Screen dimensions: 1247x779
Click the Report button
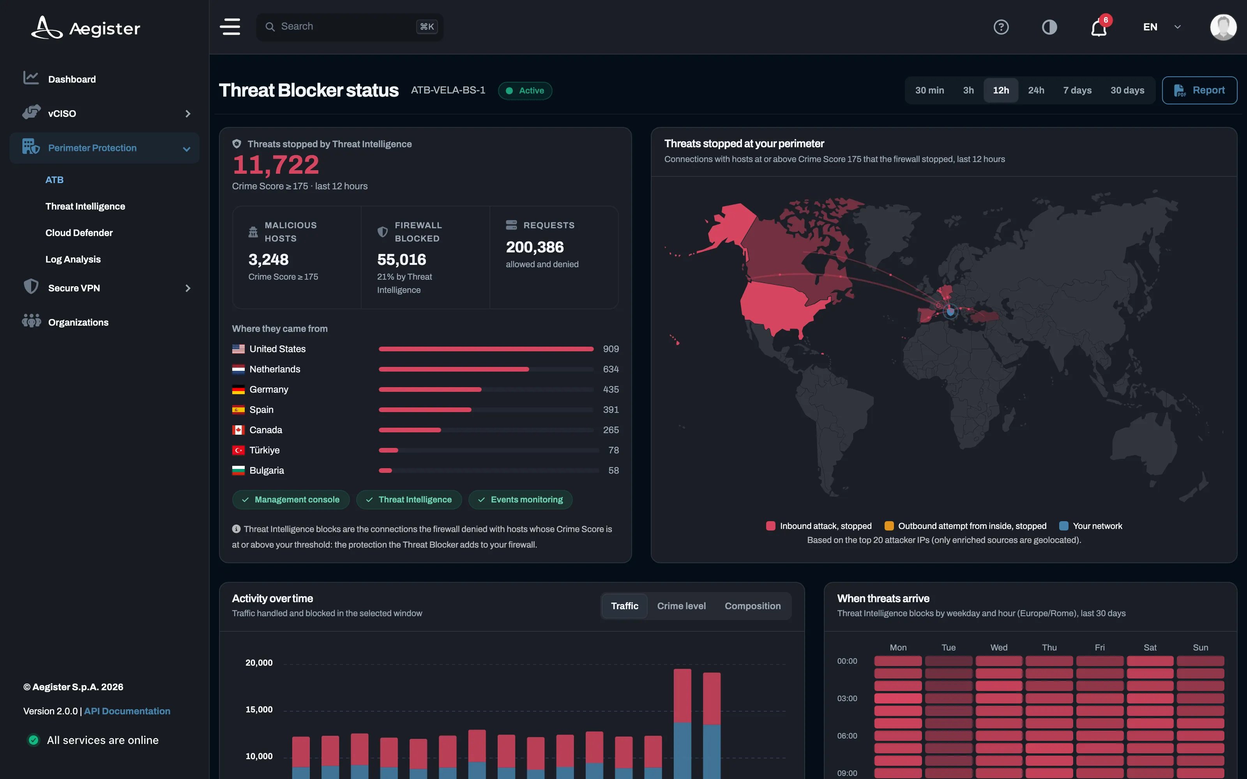[1199, 90]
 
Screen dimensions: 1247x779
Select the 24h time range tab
[1036, 90]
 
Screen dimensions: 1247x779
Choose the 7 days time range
[1077, 90]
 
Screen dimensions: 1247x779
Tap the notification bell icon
[1099, 27]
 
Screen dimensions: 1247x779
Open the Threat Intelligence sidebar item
[85, 206]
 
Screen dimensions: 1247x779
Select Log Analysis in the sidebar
[72, 259]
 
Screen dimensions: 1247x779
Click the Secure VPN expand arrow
[187, 288]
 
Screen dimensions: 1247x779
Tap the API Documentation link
[127, 711]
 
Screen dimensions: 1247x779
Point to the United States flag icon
[238, 349]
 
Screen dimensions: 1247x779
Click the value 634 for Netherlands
[611, 369]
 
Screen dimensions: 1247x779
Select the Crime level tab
[681, 606]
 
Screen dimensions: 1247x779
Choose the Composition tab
[752, 606]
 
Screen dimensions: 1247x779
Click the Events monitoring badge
[521, 500]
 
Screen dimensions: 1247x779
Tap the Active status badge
[525, 91]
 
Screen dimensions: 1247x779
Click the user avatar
[1223, 27]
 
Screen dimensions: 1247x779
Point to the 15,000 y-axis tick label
[259, 709]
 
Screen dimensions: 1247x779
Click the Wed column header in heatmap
[999, 647]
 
